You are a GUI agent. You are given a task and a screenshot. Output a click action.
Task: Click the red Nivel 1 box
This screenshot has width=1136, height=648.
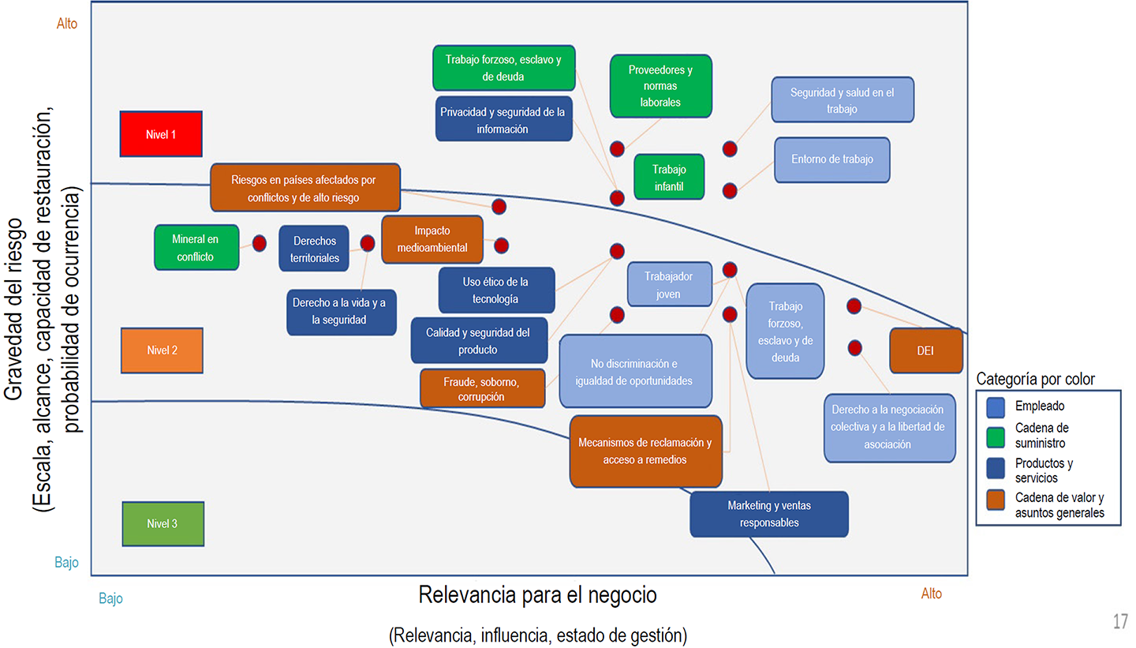(161, 134)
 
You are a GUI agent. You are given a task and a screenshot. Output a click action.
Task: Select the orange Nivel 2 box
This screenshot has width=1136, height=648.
(162, 350)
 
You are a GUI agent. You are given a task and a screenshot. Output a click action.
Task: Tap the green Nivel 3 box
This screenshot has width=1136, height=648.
(163, 523)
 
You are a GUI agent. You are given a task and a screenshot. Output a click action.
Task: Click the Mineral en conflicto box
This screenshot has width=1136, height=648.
(196, 248)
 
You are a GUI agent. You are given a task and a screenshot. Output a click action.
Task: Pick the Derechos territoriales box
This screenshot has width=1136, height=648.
(314, 249)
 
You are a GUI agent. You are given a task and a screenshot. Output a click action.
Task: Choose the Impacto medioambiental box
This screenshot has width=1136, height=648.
(432, 239)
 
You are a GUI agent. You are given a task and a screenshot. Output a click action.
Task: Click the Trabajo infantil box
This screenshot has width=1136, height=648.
(669, 177)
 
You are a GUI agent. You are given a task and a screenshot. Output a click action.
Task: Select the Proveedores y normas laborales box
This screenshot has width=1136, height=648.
(661, 86)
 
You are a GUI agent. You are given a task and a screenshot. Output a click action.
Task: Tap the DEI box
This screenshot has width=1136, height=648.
(925, 350)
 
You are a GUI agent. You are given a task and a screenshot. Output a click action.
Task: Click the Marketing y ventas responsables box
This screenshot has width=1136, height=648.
(769, 514)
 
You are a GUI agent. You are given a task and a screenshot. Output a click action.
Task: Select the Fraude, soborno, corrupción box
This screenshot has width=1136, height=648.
(482, 388)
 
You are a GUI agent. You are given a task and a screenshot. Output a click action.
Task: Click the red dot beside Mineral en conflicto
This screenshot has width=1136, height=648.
(259, 243)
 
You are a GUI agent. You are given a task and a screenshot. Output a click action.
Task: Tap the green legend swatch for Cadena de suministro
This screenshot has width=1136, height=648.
(996, 435)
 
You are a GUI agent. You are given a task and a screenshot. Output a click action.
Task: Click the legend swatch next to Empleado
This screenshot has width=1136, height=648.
(996, 406)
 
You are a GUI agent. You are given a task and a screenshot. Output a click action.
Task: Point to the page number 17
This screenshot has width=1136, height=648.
(1120, 622)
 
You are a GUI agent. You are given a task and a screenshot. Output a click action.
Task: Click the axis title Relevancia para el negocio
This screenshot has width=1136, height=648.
(537, 594)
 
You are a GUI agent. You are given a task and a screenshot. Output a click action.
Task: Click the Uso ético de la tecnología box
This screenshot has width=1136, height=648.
(496, 290)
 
